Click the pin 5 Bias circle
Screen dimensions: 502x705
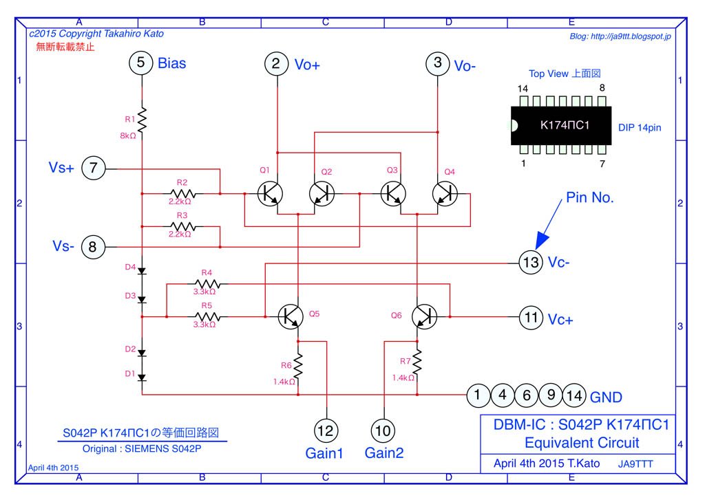pyautogui.click(x=141, y=63)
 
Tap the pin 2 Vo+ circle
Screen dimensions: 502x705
pyautogui.click(x=277, y=64)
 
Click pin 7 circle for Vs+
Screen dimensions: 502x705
pyautogui.click(x=93, y=167)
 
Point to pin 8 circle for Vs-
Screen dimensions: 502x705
pyautogui.click(x=93, y=246)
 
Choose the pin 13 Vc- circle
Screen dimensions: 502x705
pyautogui.click(x=530, y=262)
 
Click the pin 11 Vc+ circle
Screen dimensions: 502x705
pyautogui.click(x=530, y=317)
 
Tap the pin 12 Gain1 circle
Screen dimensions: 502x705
pyautogui.click(x=326, y=430)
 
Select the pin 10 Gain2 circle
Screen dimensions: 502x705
pyautogui.click(x=383, y=430)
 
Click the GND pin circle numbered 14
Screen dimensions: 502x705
pyautogui.click(x=575, y=395)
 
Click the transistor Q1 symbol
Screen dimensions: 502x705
pyautogui.click(x=269, y=194)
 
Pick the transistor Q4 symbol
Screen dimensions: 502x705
pyautogui.click(x=445, y=194)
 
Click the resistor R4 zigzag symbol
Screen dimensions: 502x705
pyautogui.click(x=207, y=283)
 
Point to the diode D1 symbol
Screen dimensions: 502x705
pyautogui.click(x=142, y=377)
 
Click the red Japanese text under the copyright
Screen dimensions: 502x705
pyautogui.click(x=65, y=47)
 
